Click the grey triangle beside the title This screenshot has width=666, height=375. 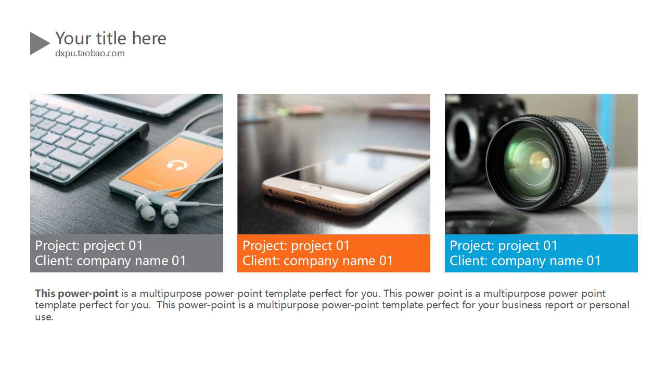click(x=39, y=43)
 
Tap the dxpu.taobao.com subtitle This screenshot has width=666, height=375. click(x=90, y=54)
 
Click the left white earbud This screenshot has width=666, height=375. click(x=145, y=208)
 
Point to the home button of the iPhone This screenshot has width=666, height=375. click(x=311, y=188)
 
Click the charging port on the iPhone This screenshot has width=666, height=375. click(x=300, y=199)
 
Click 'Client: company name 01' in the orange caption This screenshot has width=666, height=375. click(x=317, y=261)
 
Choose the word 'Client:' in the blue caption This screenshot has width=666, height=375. click(x=468, y=261)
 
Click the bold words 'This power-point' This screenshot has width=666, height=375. click(x=76, y=293)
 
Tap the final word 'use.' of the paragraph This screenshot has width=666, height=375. click(x=44, y=317)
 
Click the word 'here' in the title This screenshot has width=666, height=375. click(x=149, y=38)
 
